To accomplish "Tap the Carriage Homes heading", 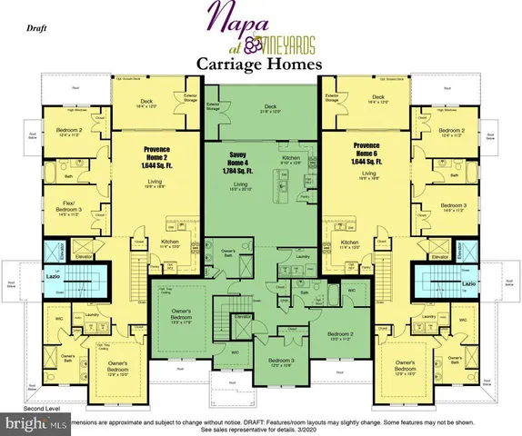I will point(260,64).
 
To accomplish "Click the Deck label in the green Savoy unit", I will point(269,106).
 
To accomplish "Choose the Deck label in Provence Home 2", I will point(145,101).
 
